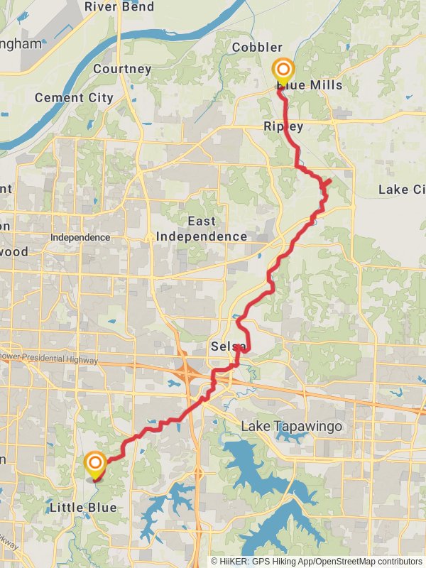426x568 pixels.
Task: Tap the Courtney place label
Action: click(122, 69)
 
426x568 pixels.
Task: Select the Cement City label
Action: click(74, 97)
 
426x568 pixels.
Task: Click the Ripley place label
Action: click(283, 126)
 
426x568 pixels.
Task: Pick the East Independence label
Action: click(202, 229)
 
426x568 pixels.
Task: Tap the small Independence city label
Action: click(80, 237)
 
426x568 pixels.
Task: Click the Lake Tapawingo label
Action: click(292, 427)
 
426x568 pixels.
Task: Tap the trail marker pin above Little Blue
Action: click(95, 466)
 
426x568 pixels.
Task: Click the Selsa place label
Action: click(228, 346)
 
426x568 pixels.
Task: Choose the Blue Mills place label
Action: click(310, 85)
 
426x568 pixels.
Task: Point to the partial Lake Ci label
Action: click(403, 190)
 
